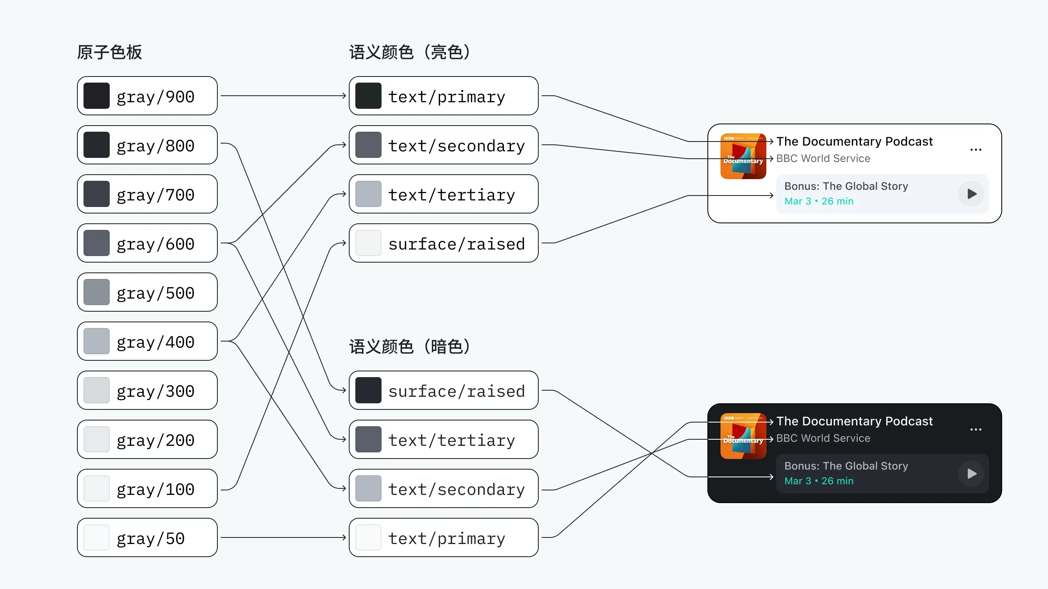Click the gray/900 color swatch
(x=97, y=96)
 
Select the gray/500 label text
(x=155, y=293)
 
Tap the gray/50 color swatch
(x=97, y=537)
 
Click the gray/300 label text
(x=155, y=391)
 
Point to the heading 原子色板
(x=109, y=52)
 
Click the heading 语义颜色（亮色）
(x=410, y=52)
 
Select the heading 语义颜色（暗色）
(x=410, y=347)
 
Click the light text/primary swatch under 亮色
(x=368, y=96)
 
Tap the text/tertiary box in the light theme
(x=443, y=194)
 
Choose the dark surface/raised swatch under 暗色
(x=368, y=390)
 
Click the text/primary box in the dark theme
(x=443, y=537)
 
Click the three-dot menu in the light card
(x=976, y=150)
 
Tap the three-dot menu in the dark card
(x=976, y=429)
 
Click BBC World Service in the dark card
(x=823, y=438)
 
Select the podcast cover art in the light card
(x=743, y=156)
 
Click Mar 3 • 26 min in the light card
(x=819, y=201)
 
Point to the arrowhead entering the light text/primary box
(x=344, y=96)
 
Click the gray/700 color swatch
(x=97, y=194)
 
